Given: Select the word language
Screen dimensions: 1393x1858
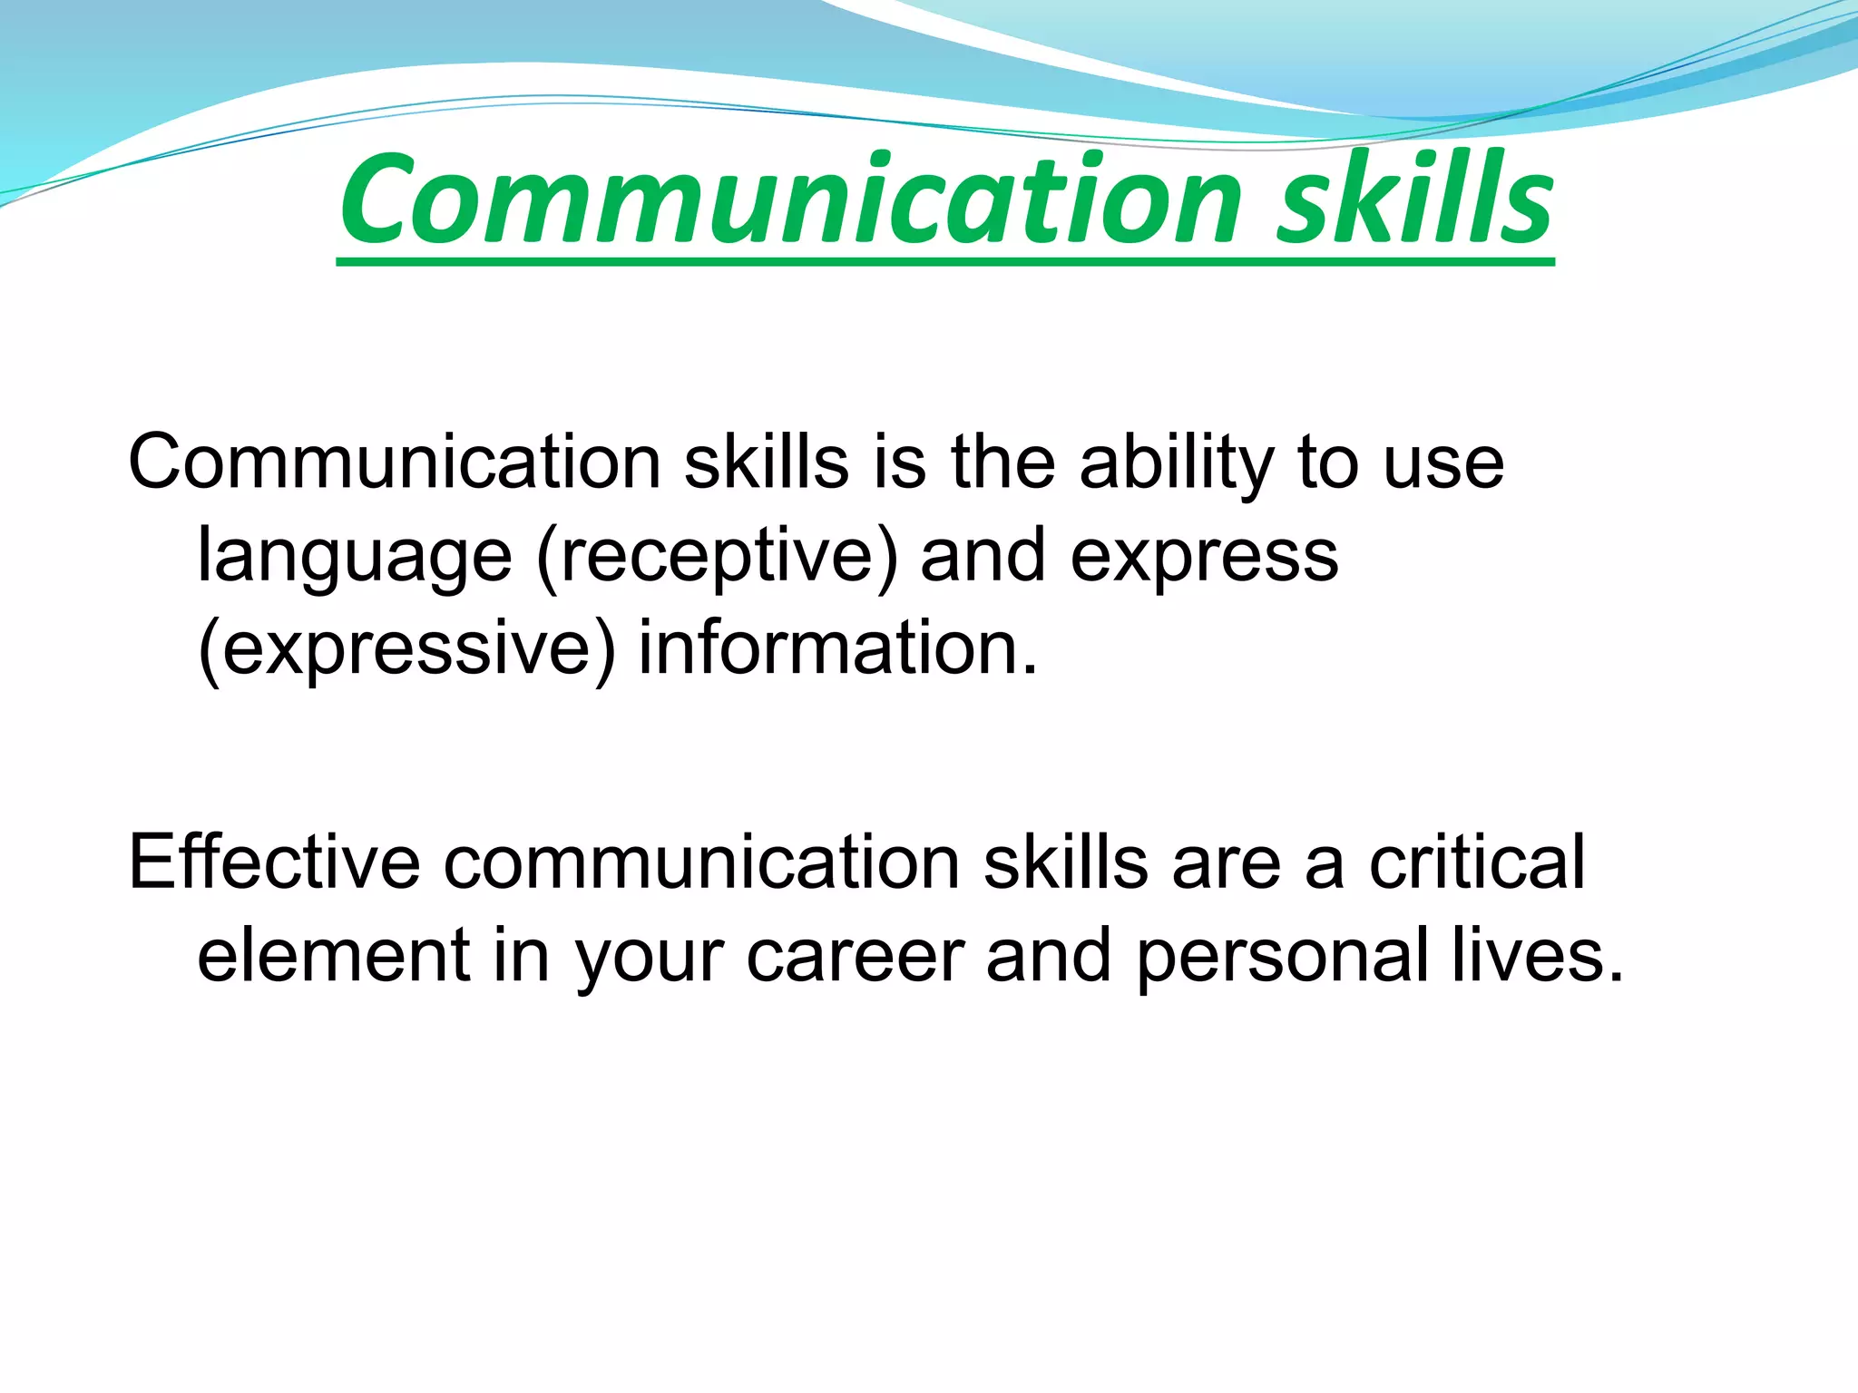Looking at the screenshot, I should [x=355, y=557].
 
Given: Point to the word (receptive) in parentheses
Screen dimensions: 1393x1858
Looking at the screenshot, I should [x=717, y=557].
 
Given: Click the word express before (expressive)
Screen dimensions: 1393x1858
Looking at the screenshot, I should [x=1204, y=557].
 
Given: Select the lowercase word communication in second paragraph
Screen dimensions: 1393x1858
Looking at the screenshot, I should [x=701, y=862].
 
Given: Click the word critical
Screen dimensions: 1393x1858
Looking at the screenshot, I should [x=1477, y=862].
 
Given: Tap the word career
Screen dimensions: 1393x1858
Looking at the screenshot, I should [x=855, y=957].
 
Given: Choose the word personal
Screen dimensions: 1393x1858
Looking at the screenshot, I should [x=1282, y=957].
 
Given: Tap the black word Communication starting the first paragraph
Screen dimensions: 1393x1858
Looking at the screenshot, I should [x=394, y=463].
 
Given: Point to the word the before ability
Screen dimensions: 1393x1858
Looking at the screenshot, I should [x=1002, y=463].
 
